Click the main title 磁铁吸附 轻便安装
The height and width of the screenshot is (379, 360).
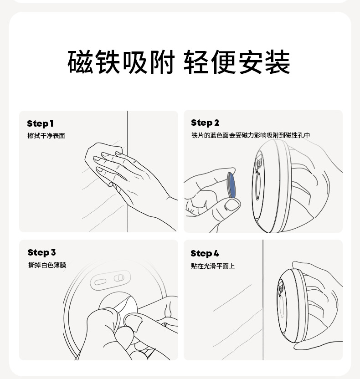(x=179, y=62)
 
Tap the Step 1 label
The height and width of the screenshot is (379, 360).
(x=40, y=123)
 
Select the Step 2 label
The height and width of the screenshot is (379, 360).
(x=205, y=123)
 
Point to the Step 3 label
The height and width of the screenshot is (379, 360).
(x=41, y=252)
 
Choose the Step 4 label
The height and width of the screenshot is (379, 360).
(x=205, y=254)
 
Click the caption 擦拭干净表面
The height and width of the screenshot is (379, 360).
(x=46, y=136)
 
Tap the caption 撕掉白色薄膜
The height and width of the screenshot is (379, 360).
(x=47, y=265)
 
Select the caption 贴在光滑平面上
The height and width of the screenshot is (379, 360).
(x=213, y=266)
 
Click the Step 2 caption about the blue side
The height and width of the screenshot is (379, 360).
(x=251, y=135)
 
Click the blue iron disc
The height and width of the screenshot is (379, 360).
(x=231, y=185)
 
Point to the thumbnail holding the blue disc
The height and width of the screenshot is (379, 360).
(x=231, y=205)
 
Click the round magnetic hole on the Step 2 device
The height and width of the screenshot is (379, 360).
(x=258, y=186)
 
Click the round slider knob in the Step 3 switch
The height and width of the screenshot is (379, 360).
(x=119, y=278)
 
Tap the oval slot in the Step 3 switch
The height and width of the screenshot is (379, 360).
(x=100, y=282)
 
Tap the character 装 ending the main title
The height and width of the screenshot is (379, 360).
(x=278, y=62)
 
